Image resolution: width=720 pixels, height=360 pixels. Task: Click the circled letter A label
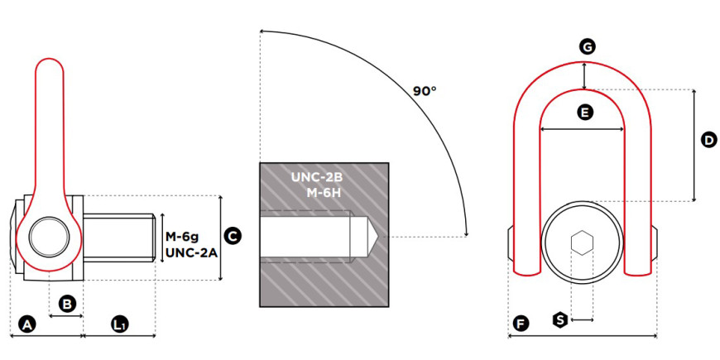coord(27,324)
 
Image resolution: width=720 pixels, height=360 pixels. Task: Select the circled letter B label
coord(67,304)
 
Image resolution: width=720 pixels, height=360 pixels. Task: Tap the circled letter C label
coord(233,237)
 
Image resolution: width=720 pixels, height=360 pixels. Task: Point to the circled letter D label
coord(709,140)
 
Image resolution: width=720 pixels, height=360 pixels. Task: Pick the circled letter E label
coord(584,112)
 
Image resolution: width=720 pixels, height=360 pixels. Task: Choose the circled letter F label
coord(521,324)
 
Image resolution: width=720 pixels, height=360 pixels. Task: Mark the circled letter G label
coord(587,46)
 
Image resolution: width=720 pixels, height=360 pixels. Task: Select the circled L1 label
coord(120,324)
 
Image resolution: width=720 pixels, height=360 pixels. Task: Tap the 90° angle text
coord(425,91)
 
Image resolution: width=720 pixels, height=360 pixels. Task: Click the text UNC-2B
coord(317,177)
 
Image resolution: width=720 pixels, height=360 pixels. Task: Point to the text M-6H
coord(324,192)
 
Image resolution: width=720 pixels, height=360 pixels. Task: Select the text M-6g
coord(182,237)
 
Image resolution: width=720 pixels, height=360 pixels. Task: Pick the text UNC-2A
coord(191,252)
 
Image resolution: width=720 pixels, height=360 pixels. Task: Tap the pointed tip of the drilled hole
coord(378,237)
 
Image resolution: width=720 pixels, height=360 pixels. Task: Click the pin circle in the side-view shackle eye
coord(49,238)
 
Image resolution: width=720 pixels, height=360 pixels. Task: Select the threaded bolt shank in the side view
coord(119,238)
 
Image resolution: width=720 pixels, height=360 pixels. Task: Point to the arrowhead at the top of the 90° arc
coord(262,31)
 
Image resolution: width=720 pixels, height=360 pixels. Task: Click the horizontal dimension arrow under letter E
coord(583,129)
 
